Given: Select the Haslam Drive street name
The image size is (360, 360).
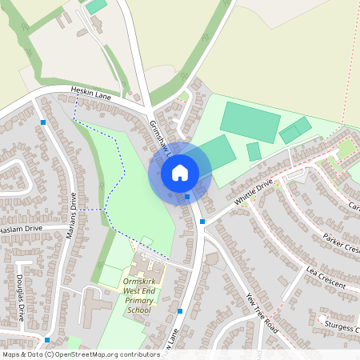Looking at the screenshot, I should click(x=21, y=229).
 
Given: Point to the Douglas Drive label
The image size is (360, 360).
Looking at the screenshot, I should click(x=21, y=298).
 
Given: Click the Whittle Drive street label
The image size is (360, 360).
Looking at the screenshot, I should click(x=254, y=190).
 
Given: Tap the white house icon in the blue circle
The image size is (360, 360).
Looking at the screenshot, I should click(x=180, y=173).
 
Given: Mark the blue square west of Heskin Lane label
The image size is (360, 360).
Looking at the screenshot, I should click(x=42, y=122).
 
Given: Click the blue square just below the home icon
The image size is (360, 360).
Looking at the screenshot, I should click(x=187, y=195).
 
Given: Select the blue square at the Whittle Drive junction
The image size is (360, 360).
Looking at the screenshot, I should click(x=202, y=221).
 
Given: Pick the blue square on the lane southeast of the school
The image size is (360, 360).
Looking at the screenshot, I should click(x=180, y=310).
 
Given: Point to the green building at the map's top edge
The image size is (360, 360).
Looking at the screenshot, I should click(x=96, y=6).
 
